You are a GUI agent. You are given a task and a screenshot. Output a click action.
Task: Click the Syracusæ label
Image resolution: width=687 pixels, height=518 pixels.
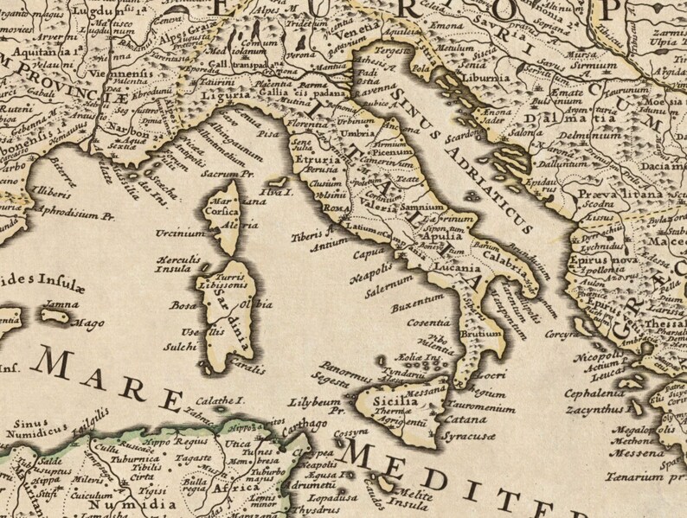point(468,437)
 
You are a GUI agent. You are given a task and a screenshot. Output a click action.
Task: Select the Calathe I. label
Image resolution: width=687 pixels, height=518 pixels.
point(220,400)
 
